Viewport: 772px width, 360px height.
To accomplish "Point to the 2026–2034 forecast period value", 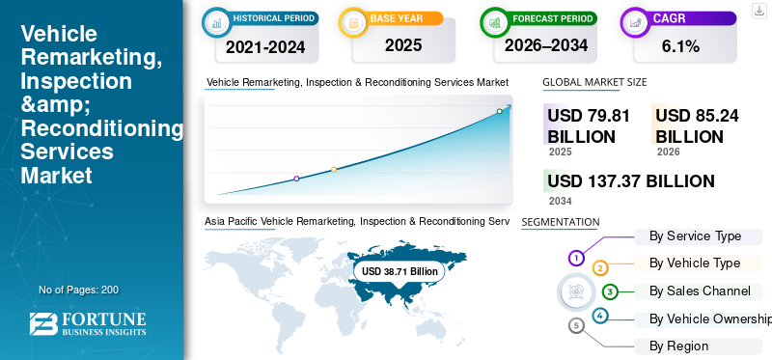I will tap(546, 44).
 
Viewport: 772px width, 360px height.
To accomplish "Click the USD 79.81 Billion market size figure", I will tap(589, 125).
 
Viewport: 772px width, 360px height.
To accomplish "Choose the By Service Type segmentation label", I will tap(695, 235).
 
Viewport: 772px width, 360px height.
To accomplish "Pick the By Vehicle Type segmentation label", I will tap(695, 263).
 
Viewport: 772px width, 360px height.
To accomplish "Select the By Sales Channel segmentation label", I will tap(700, 291).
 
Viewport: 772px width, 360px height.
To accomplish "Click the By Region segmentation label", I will tap(678, 346).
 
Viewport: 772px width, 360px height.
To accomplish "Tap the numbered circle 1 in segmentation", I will tap(576, 258).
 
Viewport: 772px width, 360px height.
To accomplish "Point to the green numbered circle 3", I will tap(610, 291).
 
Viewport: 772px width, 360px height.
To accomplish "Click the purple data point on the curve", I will tap(296, 179).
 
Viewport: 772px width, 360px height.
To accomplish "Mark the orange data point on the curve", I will tap(334, 170).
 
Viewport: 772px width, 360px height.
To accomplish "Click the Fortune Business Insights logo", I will tap(88, 324).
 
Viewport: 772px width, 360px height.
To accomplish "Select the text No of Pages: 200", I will tap(78, 290).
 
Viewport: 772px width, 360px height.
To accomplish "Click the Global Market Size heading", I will tap(594, 83).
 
